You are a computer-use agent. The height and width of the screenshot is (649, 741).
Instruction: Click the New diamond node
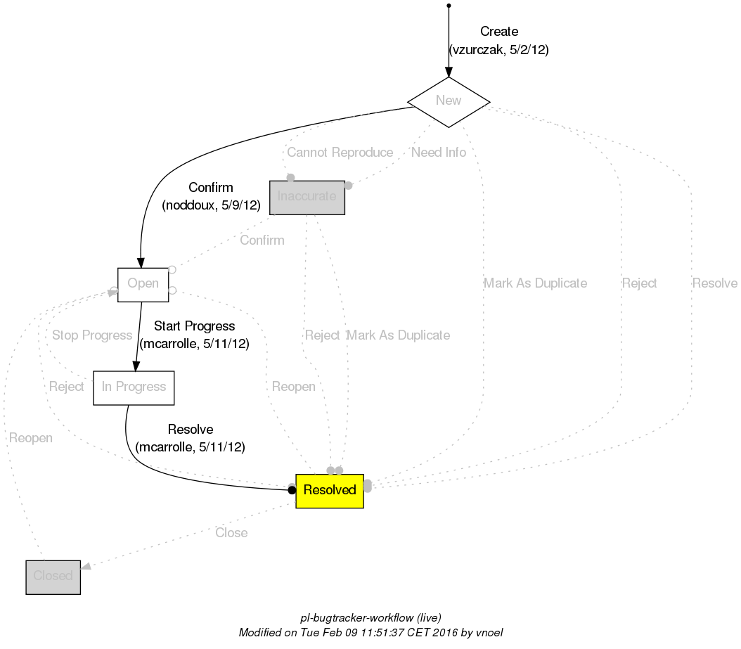tap(449, 101)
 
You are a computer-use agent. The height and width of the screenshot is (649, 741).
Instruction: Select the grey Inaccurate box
tap(307, 197)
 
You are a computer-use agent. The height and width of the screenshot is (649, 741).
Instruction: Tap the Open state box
tap(143, 284)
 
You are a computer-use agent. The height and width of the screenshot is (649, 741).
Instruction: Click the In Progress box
tap(134, 387)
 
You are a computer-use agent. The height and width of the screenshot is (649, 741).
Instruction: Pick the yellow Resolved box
tap(329, 490)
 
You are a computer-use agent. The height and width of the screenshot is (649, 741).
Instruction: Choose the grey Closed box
tap(53, 577)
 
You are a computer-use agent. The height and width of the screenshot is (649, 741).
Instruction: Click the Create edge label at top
tap(499, 32)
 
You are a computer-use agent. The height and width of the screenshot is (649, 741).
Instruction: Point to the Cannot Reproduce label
tap(340, 153)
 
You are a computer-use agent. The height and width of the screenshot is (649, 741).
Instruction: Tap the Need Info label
tap(439, 153)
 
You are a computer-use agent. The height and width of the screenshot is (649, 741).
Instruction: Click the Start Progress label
tap(194, 326)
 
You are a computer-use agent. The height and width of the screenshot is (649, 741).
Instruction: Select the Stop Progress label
tap(92, 335)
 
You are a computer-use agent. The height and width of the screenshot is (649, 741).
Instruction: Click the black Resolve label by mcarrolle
tap(191, 430)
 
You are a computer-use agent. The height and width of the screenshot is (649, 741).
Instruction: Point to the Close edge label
tap(231, 533)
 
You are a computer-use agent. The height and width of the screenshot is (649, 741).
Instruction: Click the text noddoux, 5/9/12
tap(211, 206)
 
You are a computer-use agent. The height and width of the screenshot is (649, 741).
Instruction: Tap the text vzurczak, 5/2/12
tap(499, 50)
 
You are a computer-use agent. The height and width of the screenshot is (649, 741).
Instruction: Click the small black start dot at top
tap(449, 6)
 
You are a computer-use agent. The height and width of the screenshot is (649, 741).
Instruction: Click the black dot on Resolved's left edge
tap(292, 490)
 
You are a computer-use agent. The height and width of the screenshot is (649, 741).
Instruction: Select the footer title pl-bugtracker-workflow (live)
tap(370, 618)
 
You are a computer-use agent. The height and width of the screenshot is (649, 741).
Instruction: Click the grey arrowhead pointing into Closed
tap(86, 566)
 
